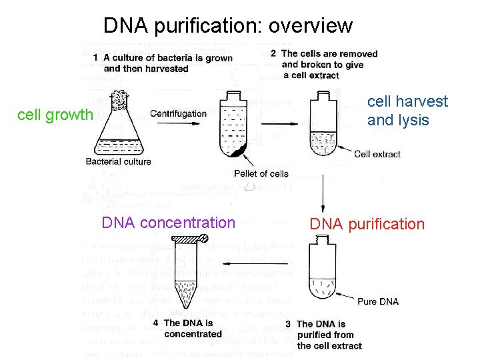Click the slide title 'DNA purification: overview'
tap(227, 25)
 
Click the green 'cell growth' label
tap(55, 115)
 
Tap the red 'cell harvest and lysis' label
tap(407, 111)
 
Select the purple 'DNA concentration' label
tap(168, 223)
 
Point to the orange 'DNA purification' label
tap(367, 224)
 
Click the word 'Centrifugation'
tap(178, 113)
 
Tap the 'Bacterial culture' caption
tap(119, 161)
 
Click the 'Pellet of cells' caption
tap(261, 174)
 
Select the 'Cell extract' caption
tap(377, 154)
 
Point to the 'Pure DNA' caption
tap(378, 301)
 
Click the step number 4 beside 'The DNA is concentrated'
tap(155, 323)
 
